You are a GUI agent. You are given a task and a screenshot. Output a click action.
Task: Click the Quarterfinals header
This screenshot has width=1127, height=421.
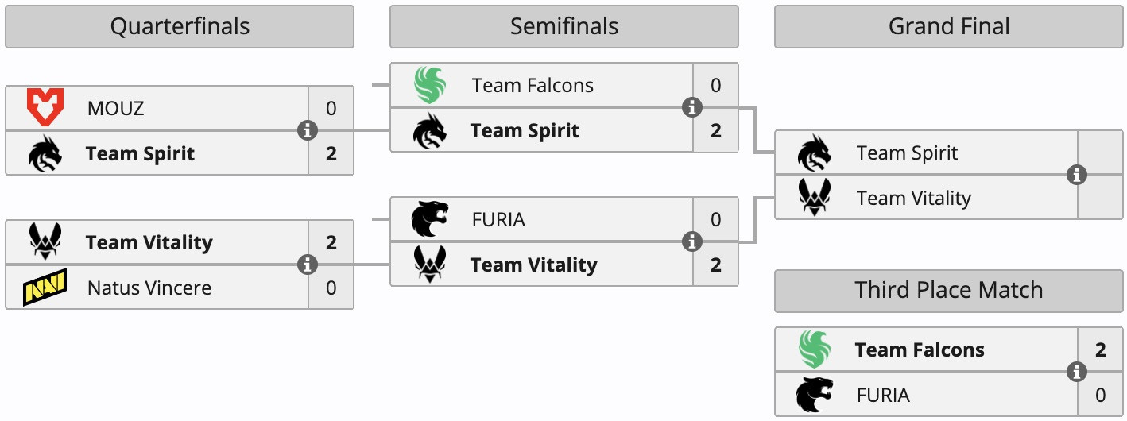pos(180,27)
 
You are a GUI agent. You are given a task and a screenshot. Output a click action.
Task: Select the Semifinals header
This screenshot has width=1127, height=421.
pos(563,27)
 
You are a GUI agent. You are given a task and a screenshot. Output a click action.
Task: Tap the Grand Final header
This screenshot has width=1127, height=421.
pos(948,27)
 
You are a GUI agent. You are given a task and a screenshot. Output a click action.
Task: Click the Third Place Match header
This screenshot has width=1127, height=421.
pos(948,291)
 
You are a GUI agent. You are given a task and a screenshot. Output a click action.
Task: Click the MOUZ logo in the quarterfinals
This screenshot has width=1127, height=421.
pos(45,108)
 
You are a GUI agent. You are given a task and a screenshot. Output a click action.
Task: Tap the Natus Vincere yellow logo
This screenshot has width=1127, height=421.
pos(45,288)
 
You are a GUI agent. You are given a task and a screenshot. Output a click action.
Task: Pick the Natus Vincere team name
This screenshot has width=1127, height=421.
pos(149,288)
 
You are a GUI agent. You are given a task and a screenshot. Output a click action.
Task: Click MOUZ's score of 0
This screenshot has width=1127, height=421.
pos(331,108)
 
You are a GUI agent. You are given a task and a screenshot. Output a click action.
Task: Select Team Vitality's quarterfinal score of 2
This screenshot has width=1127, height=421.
pos(331,242)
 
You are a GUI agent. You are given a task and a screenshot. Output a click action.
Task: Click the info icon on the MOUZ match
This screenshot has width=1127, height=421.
pos(308,130)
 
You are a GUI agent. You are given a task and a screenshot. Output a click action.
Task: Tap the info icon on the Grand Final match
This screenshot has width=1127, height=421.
pos(1077,175)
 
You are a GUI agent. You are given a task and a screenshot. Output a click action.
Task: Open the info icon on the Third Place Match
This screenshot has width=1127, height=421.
pos(1077,372)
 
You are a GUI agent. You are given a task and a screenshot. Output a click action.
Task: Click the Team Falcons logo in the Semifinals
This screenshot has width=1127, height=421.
pos(430,86)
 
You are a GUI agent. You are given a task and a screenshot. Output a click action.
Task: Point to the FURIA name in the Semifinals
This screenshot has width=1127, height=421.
pos(498,219)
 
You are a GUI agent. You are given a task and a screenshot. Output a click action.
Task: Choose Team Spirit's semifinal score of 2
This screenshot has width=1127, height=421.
pos(715,130)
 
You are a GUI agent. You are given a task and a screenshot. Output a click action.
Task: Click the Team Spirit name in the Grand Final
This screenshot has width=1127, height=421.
pos(907,153)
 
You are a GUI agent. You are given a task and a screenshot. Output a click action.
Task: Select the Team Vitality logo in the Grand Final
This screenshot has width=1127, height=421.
pos(815,198)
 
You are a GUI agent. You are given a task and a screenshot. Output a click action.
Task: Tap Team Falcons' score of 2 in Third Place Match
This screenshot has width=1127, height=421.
pos(1100,350)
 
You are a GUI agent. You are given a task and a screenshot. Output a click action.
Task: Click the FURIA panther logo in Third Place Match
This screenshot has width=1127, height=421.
pos(815,395)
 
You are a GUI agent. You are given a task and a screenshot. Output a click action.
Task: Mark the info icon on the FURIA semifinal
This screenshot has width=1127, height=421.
pos(692,241)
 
